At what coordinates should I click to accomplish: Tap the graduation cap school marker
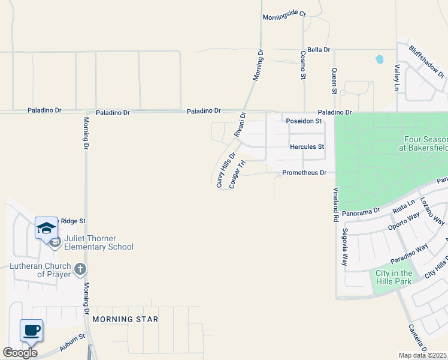46,228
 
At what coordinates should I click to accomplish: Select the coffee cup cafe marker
31,330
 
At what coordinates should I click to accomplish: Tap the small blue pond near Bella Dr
379,59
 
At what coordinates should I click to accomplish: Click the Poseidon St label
303,121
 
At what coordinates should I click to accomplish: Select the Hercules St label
307,146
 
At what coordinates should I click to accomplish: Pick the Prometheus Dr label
304,173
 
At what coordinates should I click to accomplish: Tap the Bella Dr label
319,50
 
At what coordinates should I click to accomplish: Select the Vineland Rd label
336,205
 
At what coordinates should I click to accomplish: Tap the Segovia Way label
345,247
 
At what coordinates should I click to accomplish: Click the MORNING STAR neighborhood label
125,319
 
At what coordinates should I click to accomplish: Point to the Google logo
20,353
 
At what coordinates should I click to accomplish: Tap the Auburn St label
72,343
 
